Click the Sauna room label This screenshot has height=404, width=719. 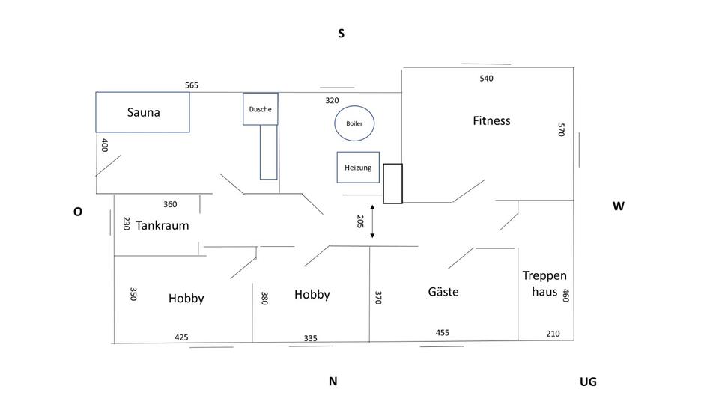click(x=144, y=112)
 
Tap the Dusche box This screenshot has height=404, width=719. click(x=261, y=109)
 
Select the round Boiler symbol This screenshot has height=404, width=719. click(x=354, y=123)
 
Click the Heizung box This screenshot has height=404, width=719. click(x=358, y=168)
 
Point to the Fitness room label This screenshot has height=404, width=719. click(x=491, y=120)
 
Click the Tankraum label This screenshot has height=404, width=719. click(x=162, y=225)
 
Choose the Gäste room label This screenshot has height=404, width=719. click(x=443, y=292)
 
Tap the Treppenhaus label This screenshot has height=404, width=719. click(x=540, y=284)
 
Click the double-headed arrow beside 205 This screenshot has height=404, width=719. click(x=372, y=221)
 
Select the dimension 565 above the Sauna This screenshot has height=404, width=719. click(x=192, y=85)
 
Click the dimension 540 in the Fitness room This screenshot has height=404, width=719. click(x=486, y=78)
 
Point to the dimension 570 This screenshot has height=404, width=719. click(x=560, y=129)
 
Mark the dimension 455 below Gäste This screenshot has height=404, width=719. click(x=442, y=333)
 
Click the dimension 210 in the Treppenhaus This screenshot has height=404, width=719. click(x=552, y=334)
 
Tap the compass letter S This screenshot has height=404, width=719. click(x=341, y=34)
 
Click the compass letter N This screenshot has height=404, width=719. click(x=333, y=382)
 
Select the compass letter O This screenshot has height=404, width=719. click(x=77, y=212)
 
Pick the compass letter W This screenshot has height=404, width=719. click(x=619, y=206)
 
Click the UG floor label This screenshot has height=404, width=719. click(x=588, y=382)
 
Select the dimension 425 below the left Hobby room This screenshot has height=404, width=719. click(x=181, y=337)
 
